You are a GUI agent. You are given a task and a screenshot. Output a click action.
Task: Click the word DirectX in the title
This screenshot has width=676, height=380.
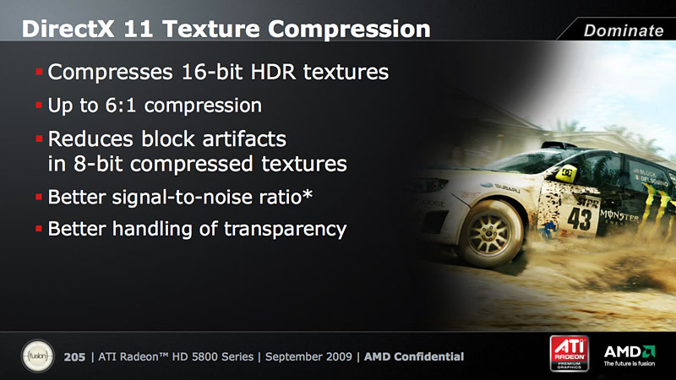coord(68,30)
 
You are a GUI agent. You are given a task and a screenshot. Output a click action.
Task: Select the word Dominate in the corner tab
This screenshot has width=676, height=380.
coord(624,30)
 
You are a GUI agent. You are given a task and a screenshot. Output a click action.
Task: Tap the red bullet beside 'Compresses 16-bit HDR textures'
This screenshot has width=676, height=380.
coord(39,72)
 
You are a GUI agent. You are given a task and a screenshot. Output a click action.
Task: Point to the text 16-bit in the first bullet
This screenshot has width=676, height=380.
coord(212,72)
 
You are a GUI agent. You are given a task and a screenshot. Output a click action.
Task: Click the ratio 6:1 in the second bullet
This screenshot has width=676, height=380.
coord(121,105)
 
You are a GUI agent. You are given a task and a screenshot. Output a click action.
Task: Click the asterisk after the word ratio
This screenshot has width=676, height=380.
coord(307,195)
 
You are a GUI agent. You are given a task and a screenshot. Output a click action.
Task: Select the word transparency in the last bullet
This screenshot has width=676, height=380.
coord(285,229)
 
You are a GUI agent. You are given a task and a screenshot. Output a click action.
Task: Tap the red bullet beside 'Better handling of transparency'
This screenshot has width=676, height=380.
coord(39,229)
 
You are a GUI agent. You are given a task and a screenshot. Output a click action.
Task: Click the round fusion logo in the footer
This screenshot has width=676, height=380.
coord(38,356)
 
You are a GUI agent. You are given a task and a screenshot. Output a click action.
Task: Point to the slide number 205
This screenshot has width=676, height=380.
coord(74,357)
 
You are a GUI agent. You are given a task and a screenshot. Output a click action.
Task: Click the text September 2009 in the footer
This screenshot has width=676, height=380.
coord(308,356)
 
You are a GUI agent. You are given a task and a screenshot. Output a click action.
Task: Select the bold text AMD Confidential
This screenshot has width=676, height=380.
coord(414,356)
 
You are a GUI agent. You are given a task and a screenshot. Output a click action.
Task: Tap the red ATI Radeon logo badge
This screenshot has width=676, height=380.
coord(569,353)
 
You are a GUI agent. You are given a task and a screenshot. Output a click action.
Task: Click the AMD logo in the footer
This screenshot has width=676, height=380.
coord(630,355)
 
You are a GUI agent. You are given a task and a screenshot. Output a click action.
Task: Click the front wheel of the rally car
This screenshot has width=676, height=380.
coord(490,234)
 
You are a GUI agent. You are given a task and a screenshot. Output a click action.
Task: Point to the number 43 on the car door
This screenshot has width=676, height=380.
coord(580,219)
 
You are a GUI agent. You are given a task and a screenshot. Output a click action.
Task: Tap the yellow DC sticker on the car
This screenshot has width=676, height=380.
coord(567,173)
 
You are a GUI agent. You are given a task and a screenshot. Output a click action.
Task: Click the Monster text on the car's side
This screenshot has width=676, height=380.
coord(619,214)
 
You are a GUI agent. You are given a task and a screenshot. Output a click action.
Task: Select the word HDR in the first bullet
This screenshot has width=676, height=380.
coord(273,72)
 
